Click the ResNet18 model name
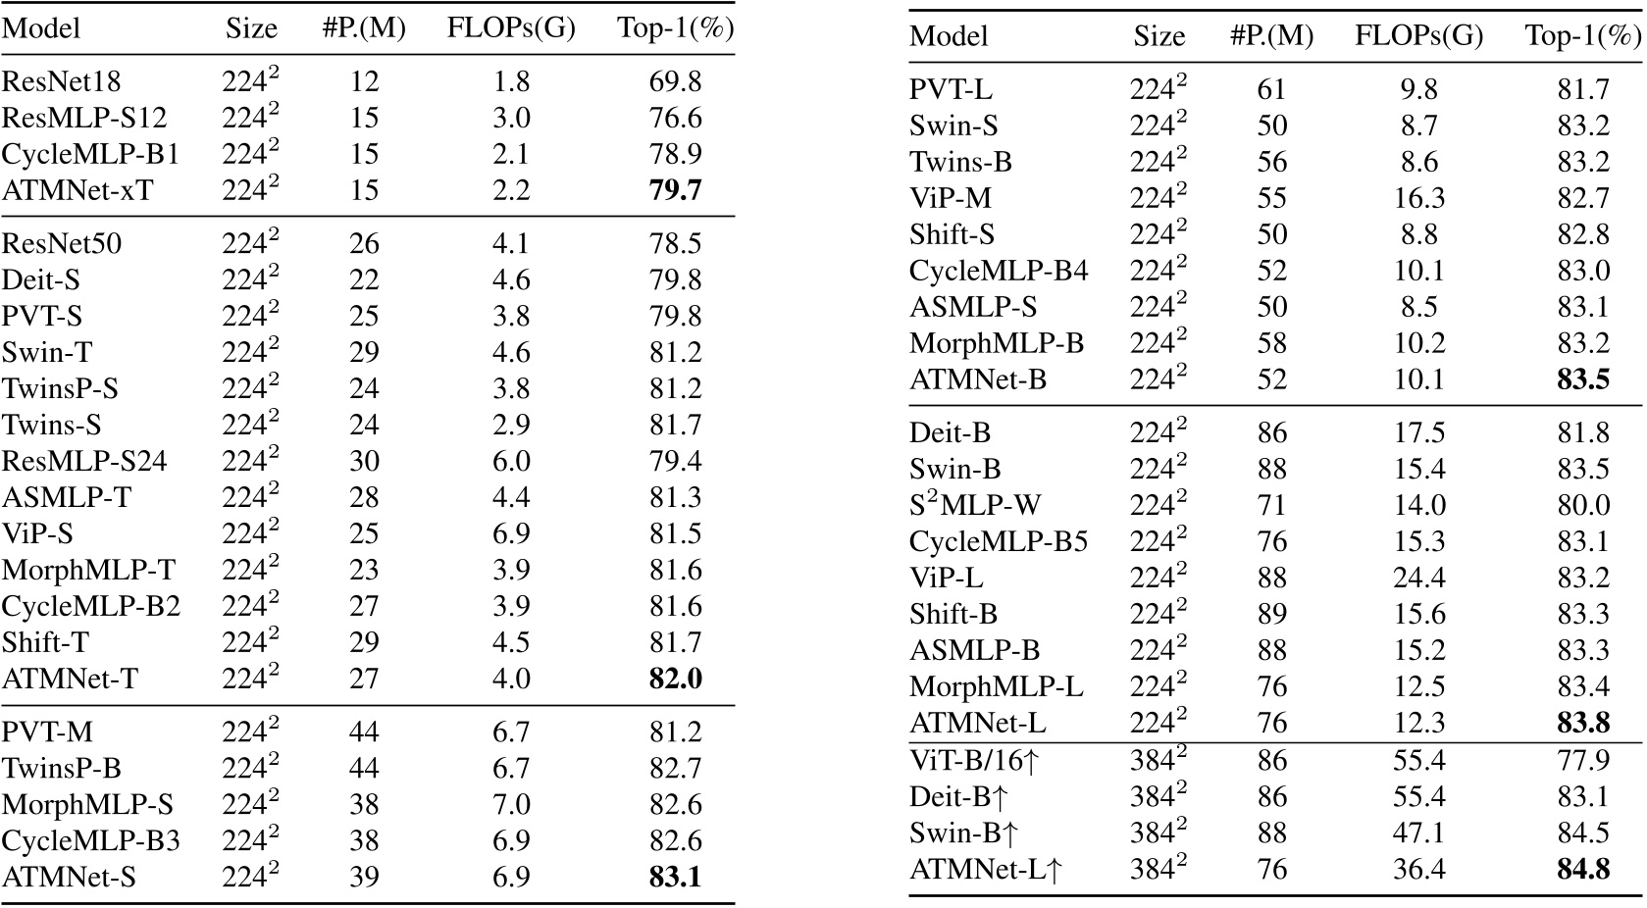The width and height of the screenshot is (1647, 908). point(62,81)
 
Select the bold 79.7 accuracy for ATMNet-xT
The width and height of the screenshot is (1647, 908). point(675,190)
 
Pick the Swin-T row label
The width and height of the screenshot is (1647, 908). point(47,352)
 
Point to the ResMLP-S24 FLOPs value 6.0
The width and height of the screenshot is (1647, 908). point(510,461)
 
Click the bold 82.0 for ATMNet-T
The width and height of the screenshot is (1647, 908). point(675,679)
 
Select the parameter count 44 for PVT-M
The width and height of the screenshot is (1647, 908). point(364,732)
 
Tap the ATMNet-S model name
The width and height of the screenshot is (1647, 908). point(69,878)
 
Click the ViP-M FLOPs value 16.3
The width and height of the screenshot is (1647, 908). point(1418,198)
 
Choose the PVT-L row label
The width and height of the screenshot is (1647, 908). point(951,89)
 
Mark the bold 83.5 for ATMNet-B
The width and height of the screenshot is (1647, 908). point(1583,379)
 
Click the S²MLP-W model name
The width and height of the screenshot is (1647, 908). point(975,506)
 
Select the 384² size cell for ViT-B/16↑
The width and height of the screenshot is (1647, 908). point(1158,760)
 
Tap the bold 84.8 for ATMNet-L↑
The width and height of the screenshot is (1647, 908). point(1583,869)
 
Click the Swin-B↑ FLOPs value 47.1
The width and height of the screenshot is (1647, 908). point(1418,832)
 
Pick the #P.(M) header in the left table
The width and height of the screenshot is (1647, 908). point(364,29)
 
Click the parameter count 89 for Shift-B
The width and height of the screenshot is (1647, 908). point(1271,615)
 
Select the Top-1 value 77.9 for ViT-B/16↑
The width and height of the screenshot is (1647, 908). point(1583,760)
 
